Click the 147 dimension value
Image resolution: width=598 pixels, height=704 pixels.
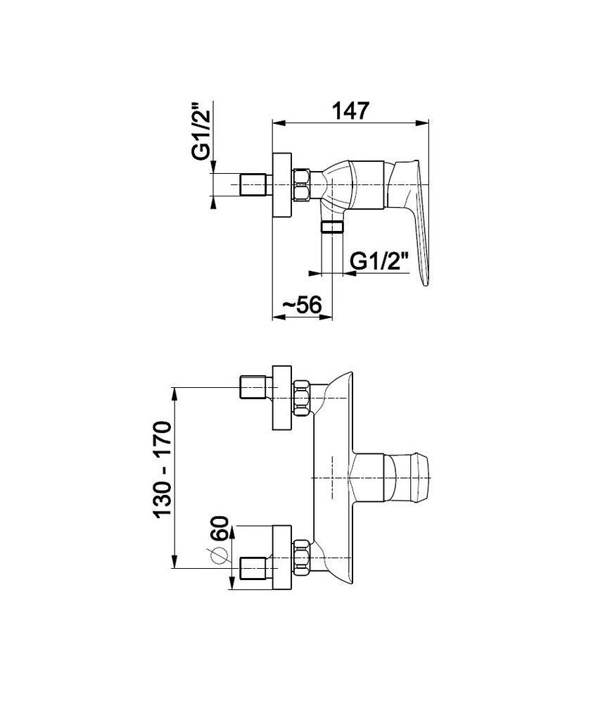pos(351,111)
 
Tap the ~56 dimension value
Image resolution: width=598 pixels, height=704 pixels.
pos(302,306)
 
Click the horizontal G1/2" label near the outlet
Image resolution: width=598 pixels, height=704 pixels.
pos(380,261)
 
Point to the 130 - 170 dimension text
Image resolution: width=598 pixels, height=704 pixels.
pos(163,470)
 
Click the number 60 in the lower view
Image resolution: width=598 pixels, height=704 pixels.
pos(220,529)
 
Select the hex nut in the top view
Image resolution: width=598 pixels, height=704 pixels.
pos(302,184)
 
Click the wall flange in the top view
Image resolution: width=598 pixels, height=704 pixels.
pos(282,185)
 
